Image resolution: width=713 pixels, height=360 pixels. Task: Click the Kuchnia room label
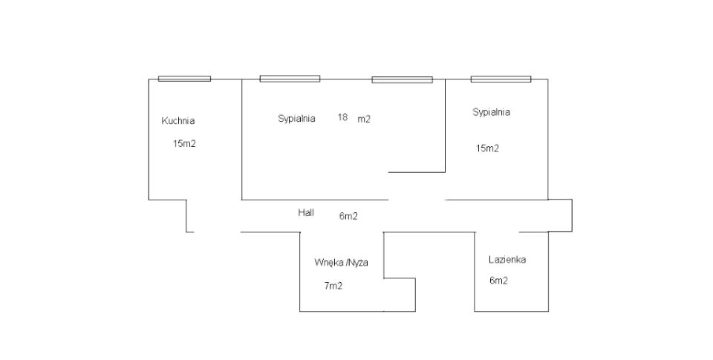pos(178,121)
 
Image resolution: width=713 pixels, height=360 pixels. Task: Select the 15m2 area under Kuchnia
pos(184,144)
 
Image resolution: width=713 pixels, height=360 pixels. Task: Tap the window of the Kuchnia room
pos(184,78)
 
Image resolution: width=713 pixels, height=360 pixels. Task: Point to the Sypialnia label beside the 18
pos(296,118)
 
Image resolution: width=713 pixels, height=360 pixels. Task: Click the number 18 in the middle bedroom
pos(342,117)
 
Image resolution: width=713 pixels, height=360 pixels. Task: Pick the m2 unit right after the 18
pos(364,119)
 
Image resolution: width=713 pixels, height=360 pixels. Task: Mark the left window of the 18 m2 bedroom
pos(290,78)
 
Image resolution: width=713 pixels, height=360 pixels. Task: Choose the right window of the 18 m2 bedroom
pos(402,79)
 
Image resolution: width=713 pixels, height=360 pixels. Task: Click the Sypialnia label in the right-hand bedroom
pos(491,113)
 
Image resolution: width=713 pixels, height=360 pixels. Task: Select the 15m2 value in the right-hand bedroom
pos(487,148)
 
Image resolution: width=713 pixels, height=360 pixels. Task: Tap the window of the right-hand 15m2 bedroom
pos(501,78)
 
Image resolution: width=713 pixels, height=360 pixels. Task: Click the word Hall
pos(306,212)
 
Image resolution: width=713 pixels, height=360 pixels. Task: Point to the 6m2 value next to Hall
pos(348,217)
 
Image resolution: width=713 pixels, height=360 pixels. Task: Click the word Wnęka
pos(328,262)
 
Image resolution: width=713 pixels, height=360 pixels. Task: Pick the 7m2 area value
pos(333,286)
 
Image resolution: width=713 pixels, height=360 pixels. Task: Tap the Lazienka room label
pos(507,260)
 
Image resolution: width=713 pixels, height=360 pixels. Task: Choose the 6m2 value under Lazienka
pos(498,281)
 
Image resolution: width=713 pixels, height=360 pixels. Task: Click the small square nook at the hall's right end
pos(560,215)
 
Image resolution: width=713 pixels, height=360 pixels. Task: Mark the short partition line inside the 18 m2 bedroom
pos(417,172)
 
